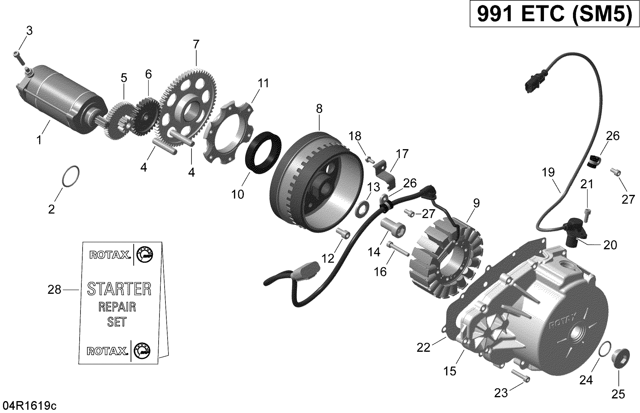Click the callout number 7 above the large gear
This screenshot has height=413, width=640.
196,44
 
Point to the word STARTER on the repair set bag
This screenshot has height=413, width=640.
119,289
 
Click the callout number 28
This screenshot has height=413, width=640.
54,290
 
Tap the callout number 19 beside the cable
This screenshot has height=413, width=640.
548,172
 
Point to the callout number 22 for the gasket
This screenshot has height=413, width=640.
423,348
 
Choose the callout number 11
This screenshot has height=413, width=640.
263,83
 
